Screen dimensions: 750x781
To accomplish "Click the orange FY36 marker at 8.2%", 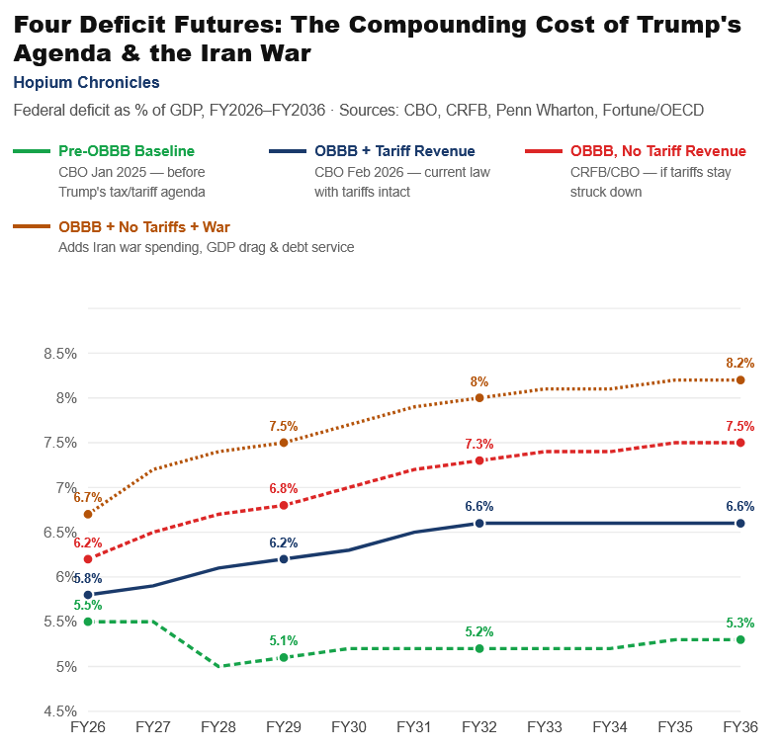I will (740, 379).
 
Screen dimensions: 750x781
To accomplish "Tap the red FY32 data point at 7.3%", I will (479, 460).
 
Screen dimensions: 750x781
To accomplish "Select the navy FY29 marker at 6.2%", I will (284, 559).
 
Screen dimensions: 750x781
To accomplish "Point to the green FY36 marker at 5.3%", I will (740, 639).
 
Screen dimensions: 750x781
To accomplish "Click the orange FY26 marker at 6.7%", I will (88, 514).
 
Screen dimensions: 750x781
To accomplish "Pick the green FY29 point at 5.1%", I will (284, 657).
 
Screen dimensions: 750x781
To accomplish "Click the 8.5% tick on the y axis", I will (60, 353).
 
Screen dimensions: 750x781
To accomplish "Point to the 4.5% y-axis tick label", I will (60, 711).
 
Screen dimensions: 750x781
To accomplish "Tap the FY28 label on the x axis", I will (218, 727).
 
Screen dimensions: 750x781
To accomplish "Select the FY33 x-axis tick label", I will (545, 727).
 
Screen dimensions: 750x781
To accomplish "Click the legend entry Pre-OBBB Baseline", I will (127, 151).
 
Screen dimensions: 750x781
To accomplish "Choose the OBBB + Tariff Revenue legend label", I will (394, 151).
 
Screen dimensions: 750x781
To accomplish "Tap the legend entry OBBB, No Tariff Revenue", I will (657, 151).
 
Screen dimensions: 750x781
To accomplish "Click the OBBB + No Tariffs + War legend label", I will (144, 227).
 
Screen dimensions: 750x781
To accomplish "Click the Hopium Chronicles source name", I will (86, 83).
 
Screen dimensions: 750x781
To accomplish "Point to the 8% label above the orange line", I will (479, 381).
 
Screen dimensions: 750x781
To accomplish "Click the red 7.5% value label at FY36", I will (740, 426).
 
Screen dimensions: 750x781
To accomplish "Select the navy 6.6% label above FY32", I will (479, 506).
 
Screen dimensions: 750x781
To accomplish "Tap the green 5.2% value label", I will (479, 631).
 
